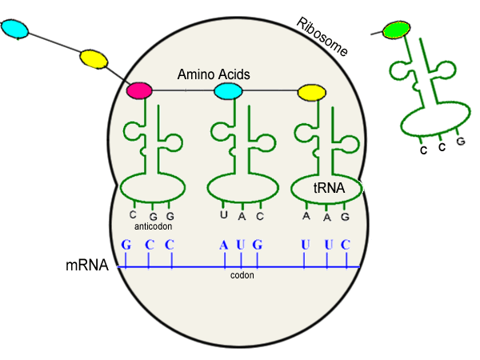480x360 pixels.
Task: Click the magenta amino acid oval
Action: pos(139,90)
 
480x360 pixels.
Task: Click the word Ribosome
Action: pos(322,36)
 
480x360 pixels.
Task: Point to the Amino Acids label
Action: pos(214,74)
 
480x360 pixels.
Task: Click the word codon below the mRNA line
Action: pos(242,274)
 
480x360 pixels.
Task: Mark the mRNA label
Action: pos(86,265)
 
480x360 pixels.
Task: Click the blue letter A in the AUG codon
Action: pos(224,244)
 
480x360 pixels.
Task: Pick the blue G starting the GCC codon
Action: pos(126,244)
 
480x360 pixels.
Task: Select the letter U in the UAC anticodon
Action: pos(224,215)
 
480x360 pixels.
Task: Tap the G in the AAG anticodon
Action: pos(344,216)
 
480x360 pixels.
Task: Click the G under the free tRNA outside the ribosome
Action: pos(460,142)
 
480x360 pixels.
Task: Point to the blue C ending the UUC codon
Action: pos(345,244)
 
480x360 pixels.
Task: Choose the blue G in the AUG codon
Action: pos(257,244)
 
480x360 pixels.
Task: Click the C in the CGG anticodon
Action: pos(133,214)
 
